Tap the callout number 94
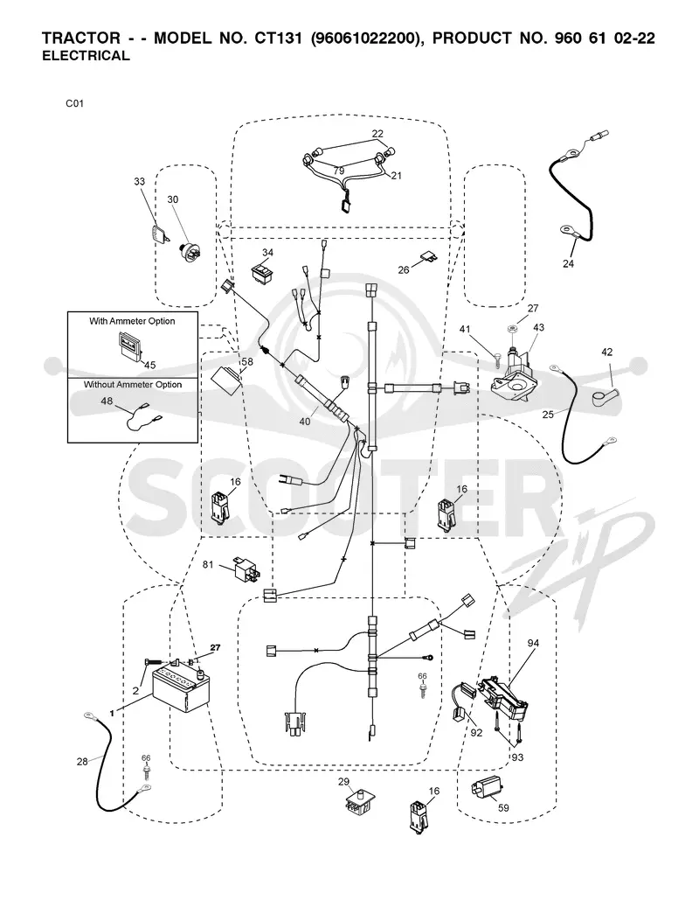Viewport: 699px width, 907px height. click(533, 643)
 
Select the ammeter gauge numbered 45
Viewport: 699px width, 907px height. click(130, 345)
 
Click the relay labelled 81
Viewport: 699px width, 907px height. click(246, 569)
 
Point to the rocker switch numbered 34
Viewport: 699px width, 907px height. click(263, 273)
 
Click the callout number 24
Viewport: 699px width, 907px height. click(569, 264)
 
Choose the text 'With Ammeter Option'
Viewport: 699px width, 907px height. click(132, 321)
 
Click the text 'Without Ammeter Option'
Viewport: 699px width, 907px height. click(132, 385)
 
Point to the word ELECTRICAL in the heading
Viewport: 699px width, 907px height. click(87, 56)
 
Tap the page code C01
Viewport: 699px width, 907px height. click(74, 103)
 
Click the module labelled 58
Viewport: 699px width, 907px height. click(227, 381)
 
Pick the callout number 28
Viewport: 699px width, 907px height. click(82, 761)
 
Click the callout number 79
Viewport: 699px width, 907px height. click(338, 171)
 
